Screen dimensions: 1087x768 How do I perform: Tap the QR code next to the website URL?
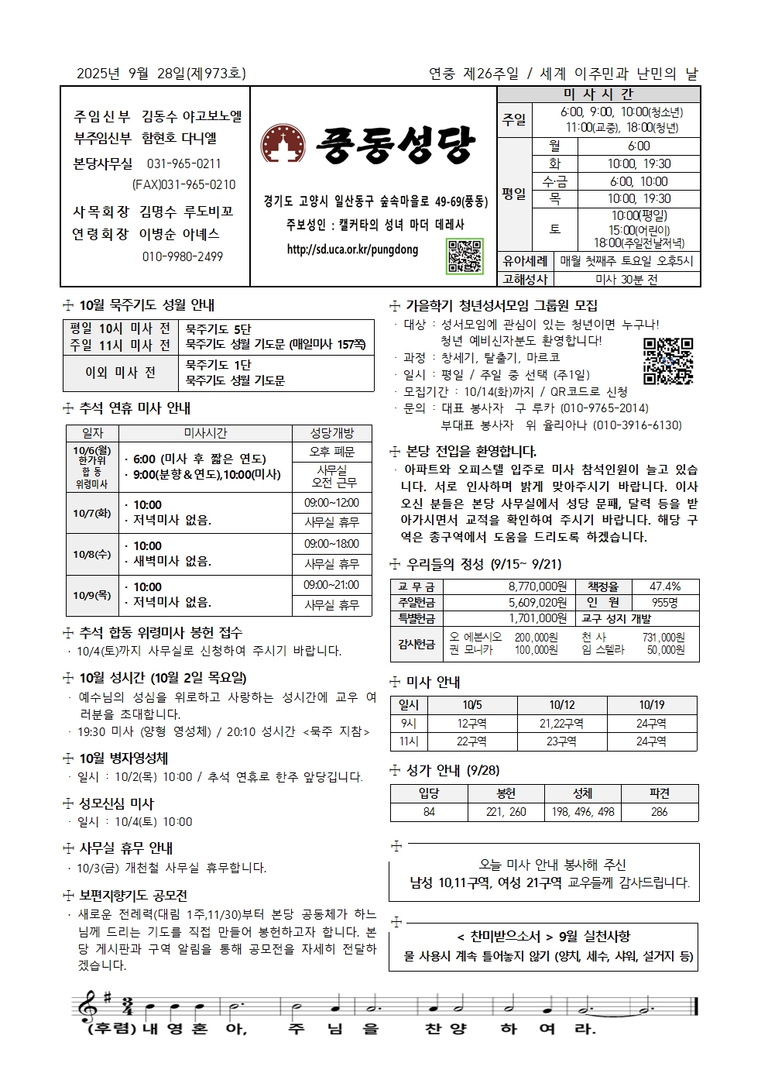click(x=465, y=256)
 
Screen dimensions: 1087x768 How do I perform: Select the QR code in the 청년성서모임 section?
click(x=667, y=361)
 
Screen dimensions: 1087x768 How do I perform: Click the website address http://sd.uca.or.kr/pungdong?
click(x=352, y=249)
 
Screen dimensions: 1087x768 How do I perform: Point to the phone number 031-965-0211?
click(x=183, y=164)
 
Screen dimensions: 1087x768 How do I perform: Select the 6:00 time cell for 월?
click(x=639, y=146)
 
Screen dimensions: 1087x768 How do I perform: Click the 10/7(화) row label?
click(x=92, y=513)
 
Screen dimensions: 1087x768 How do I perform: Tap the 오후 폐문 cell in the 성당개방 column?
click(x=331, y=452)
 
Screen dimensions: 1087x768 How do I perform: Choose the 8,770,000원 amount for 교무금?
click(x=537, y=586)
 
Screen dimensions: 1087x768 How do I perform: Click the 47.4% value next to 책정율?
click(x=664, y=586)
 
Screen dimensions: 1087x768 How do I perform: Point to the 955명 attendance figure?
click(x=664, y=602)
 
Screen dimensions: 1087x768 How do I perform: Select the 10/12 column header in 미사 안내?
click(x=561, y=705)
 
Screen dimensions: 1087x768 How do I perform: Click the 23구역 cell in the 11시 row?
click(x=561, y=741)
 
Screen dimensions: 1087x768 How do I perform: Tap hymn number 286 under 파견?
click(x=659, y=812)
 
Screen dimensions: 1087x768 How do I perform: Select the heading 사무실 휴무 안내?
click(x=125, y=848)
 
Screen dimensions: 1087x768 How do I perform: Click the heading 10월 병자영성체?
click(x=123, y=758)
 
